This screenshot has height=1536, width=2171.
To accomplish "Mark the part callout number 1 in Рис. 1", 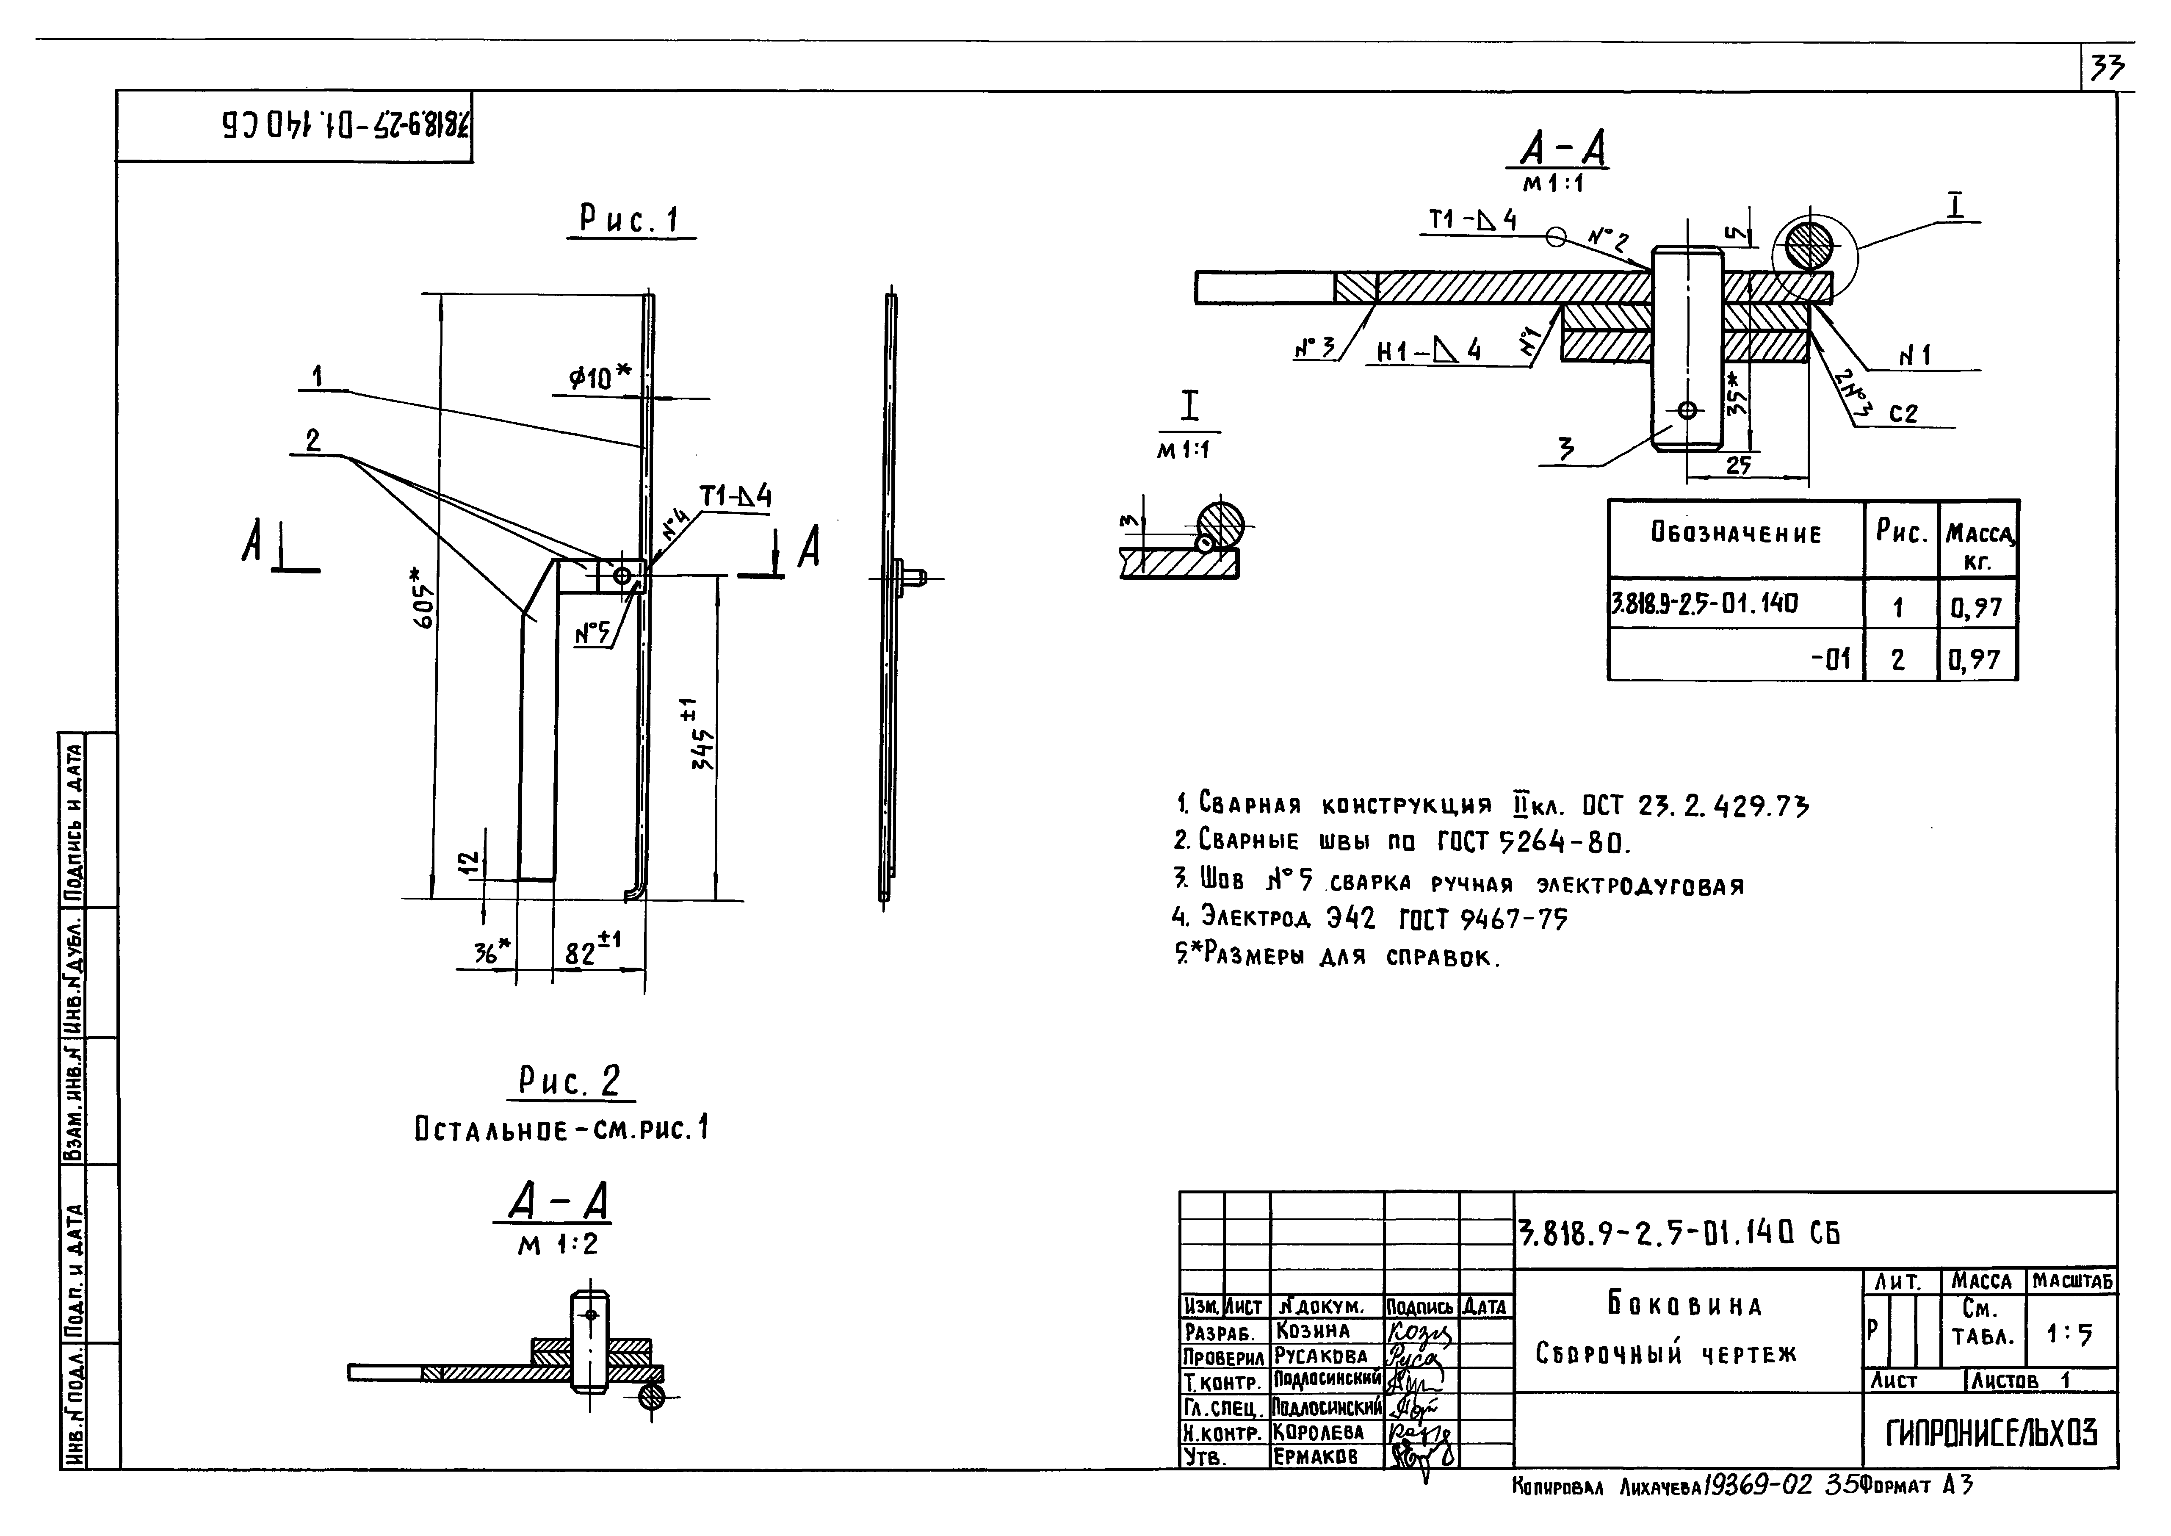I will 318,376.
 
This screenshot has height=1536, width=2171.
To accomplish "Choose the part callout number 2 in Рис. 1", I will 313,440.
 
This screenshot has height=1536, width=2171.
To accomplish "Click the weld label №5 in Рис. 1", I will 593,634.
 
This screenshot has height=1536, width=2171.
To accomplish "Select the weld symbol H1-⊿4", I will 1428,352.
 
